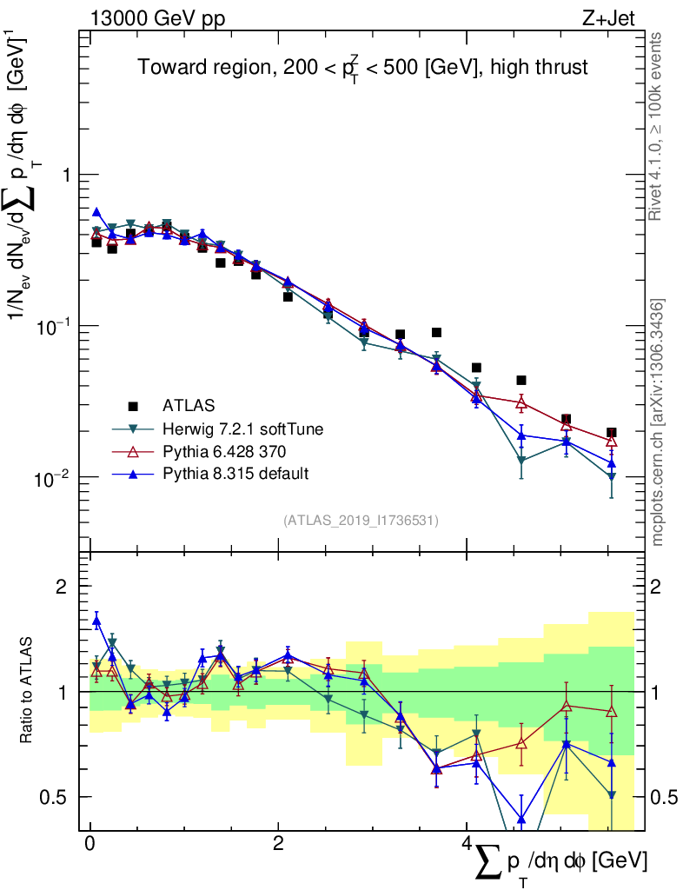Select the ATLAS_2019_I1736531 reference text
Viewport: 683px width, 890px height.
(361, 521)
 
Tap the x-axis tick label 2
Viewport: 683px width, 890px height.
(277, 844)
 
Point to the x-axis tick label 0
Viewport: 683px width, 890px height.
(90, 844)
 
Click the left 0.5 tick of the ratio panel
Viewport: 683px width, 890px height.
(56, 797)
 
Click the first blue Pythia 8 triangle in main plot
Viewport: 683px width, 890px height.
(96, 212)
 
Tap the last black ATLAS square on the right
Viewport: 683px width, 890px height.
(612, 432)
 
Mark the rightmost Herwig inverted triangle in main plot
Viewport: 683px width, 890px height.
(612, 477)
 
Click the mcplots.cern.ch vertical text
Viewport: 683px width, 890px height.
(659, 422)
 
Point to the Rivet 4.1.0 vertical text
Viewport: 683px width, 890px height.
(659, 126)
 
